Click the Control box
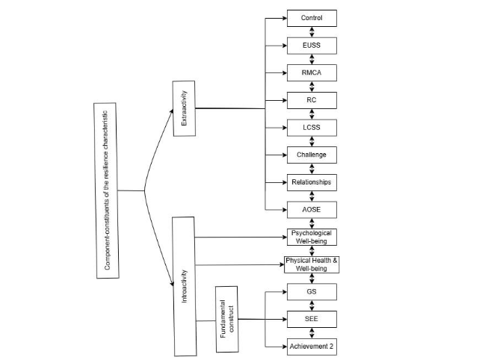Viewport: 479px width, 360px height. (312, 18)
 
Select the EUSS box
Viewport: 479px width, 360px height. (312, 46)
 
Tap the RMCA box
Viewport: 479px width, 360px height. (312, 73)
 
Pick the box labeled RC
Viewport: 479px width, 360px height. (312, 101)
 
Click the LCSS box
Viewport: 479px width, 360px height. (312, 128)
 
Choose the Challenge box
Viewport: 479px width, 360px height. (312, 155)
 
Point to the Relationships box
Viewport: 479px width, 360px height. (312, 182)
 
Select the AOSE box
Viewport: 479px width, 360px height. (312, 210)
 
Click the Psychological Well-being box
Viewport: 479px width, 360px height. (312, 238)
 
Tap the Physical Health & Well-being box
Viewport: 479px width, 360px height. (312, 264)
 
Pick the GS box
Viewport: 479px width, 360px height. (312, 292)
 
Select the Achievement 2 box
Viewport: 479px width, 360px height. (312, 347)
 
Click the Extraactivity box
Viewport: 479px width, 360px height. (184, 108)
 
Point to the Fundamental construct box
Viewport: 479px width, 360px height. (227, 319)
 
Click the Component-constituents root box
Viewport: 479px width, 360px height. (109, 190)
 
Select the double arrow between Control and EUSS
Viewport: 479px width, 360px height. (312, 32)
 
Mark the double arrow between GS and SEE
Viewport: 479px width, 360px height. (312, 305)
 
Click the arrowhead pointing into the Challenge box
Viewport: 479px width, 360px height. (284, 155)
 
